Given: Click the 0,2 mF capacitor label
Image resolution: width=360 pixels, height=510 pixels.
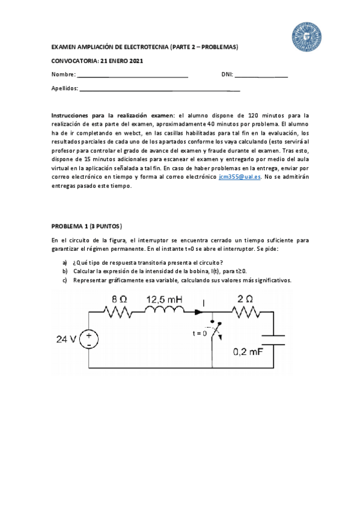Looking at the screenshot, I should point(248,352).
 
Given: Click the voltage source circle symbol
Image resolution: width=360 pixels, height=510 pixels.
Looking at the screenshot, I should point(90,340).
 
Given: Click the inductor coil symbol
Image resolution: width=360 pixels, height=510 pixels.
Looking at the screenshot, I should point(163,312).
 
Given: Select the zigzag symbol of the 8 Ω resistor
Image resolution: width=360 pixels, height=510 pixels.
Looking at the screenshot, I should point(117,312).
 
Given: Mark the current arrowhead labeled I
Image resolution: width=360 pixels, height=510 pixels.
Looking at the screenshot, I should point(198,312).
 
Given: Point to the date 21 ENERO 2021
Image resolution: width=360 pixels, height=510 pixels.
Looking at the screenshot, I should point(118,61).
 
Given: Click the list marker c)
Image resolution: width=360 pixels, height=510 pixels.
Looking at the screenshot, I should point(65,280).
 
